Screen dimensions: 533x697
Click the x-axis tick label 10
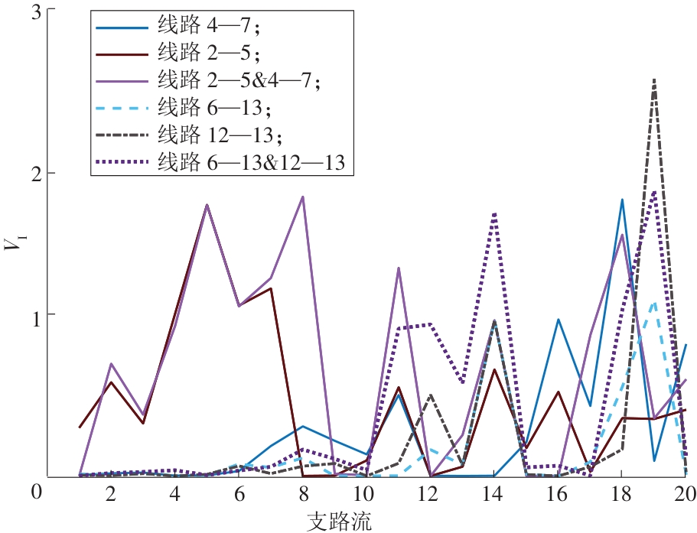click(365, 494)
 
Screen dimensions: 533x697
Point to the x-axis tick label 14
click(494, 494)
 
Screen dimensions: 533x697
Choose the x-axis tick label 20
click(685, 494)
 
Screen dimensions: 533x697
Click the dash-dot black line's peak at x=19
click(654, 79)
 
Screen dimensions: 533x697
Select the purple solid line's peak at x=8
click(304, 197)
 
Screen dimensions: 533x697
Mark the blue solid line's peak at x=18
click(622, 200)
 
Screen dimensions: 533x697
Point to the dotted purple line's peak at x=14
click(495, 213)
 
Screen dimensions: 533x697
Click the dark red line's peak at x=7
click(271, 288)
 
